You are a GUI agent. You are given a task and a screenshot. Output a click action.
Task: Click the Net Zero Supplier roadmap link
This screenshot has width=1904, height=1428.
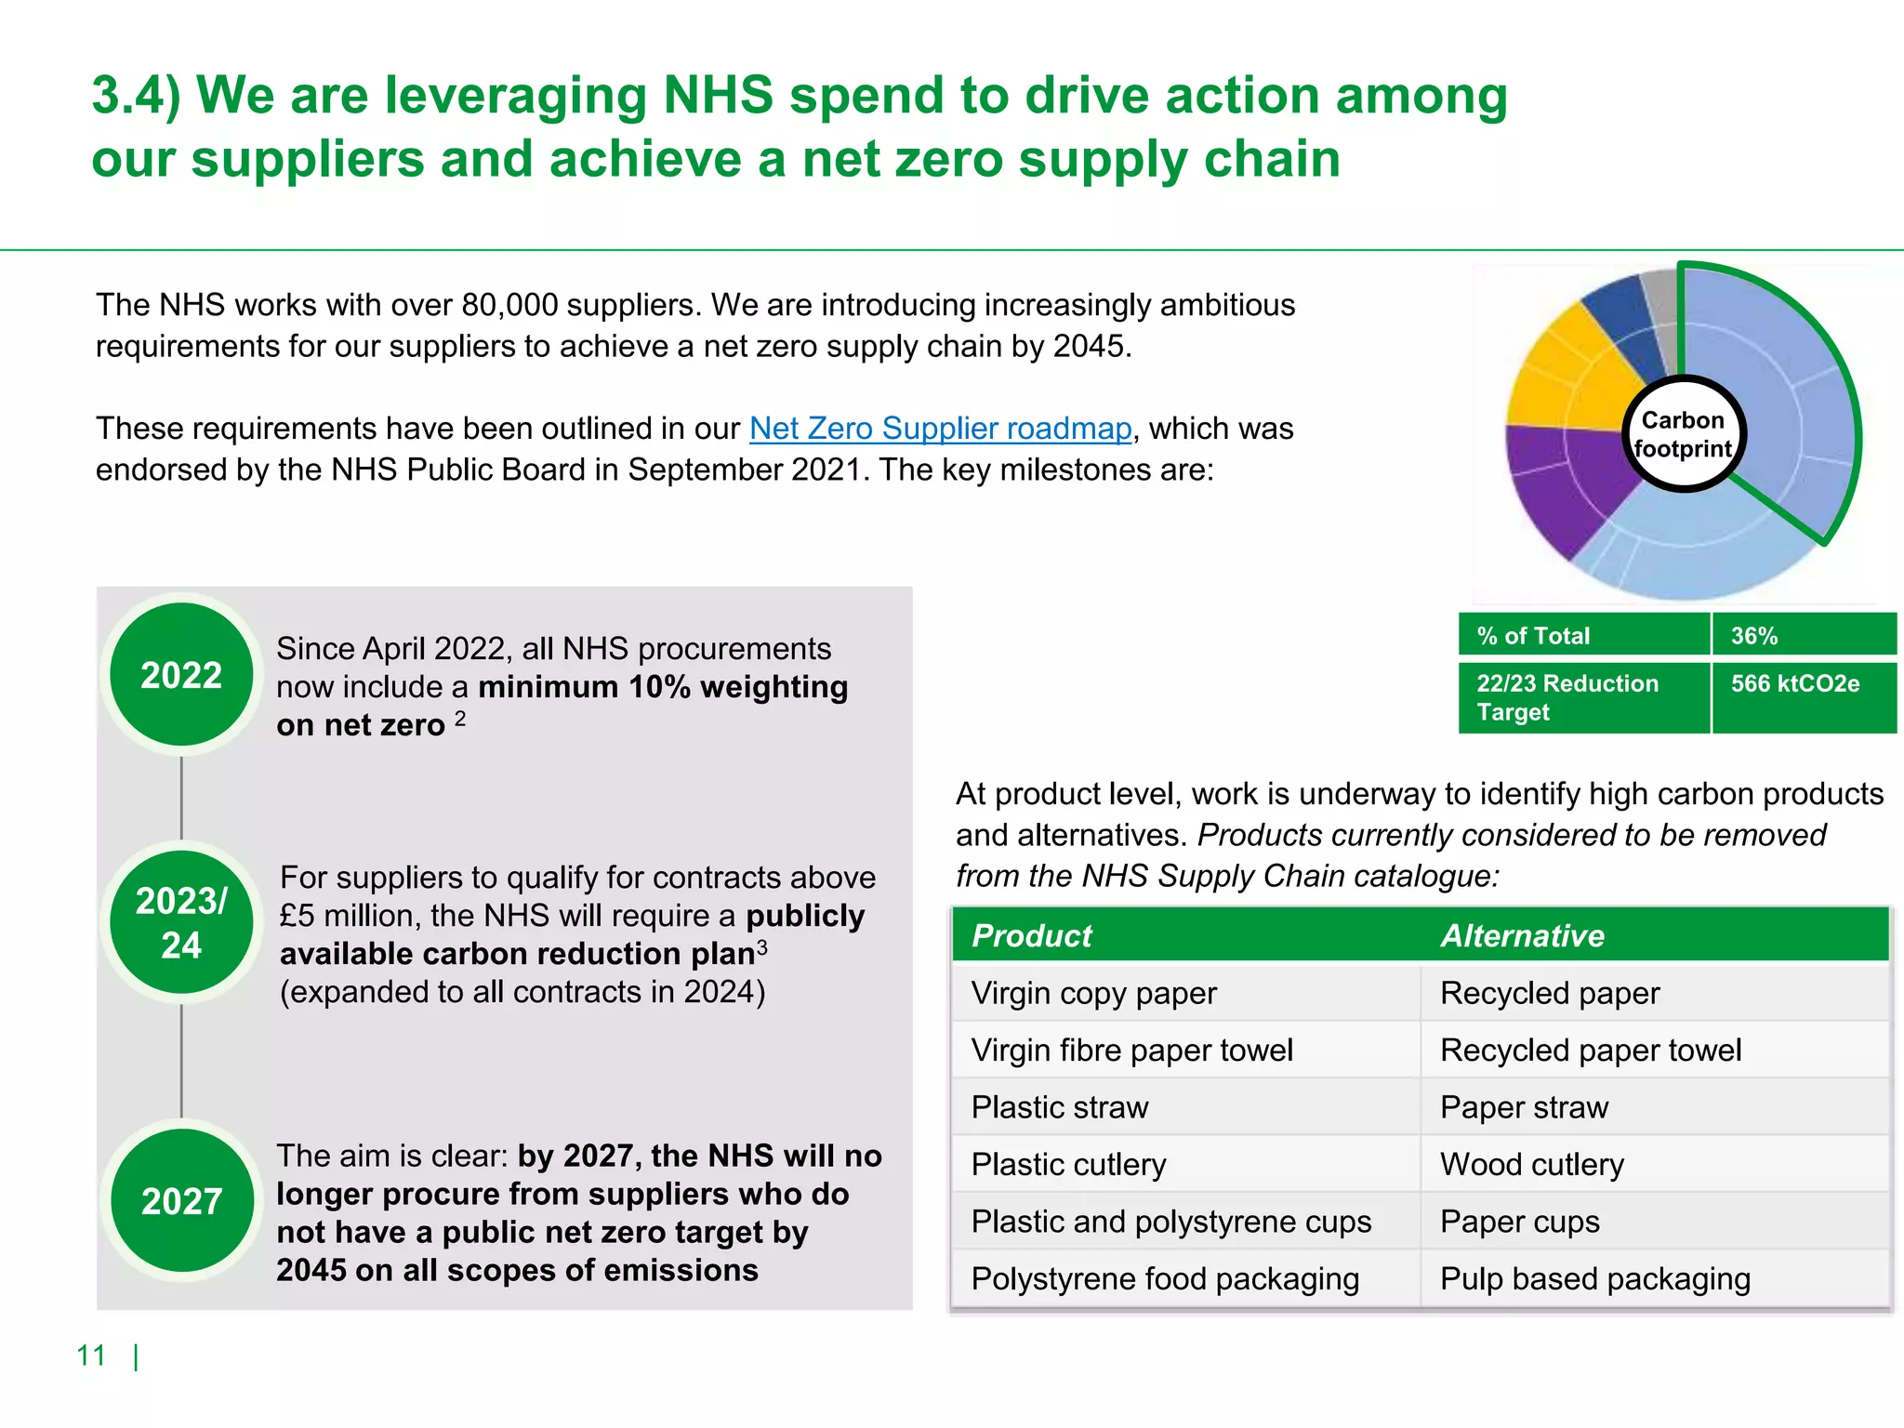[x=940, y=429]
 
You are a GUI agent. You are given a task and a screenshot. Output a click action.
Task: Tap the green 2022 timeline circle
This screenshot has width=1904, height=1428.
[x=181, y=675]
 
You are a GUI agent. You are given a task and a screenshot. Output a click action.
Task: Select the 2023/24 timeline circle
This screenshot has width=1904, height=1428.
[x=181, y=922]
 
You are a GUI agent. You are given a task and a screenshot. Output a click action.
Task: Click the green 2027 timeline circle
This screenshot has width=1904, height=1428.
[x=181, y=1201]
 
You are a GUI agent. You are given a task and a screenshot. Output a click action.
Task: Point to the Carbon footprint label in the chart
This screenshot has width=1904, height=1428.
[x=1683, y=434]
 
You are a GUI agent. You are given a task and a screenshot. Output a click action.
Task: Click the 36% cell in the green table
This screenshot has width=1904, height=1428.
[x=1802, y=636]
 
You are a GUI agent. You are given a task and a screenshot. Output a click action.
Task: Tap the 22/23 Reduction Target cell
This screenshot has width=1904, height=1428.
[x=1583, y=697]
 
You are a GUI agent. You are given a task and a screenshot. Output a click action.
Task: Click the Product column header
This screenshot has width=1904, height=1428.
[x=1032, y=935]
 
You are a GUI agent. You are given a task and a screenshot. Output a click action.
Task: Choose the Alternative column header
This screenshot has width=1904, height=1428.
[x=1522, y=935]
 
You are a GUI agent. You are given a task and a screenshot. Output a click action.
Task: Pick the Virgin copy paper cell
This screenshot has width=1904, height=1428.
[x=1093, y=993]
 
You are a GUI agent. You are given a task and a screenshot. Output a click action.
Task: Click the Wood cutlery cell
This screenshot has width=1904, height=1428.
[x=1531, y=1164]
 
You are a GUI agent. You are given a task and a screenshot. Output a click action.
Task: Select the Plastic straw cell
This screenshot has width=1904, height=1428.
[x=1060, y=1107]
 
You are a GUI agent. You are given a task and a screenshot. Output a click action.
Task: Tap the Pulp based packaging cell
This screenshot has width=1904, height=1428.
[x=1594, y=1279]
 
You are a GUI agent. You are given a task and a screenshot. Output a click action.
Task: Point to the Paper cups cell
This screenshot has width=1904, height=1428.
[x=1519, y=1222]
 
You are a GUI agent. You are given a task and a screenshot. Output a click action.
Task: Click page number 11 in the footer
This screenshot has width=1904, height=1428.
[x=91, y=1355]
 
